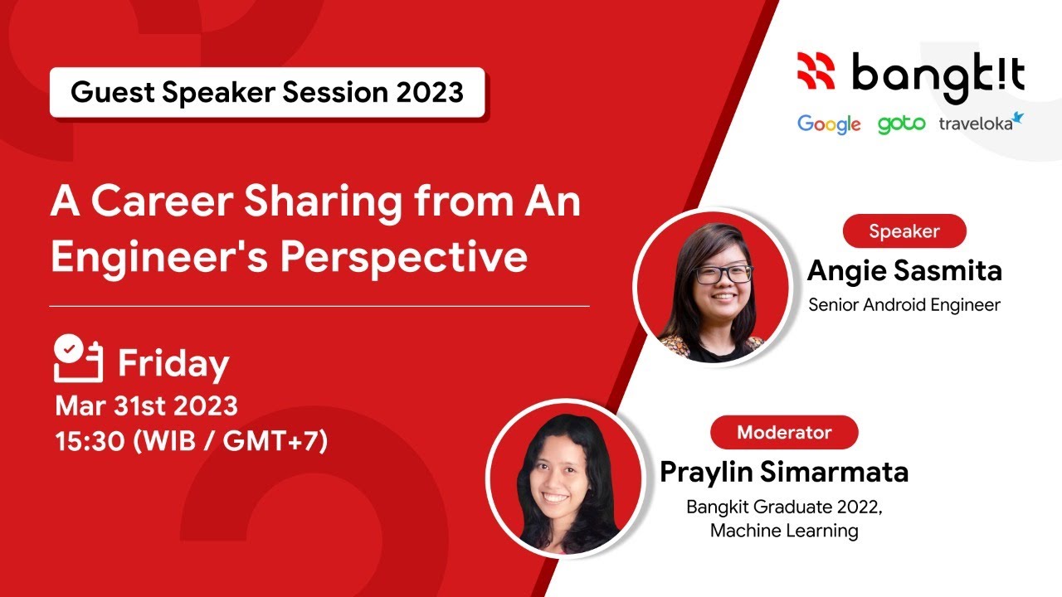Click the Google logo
[x=829, y=124]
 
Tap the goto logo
[x=901, y=124]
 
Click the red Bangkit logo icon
[x=816, y=71]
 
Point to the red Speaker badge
[x=904, y=231]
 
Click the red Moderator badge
[x=783, y=432]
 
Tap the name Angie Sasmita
[x=904, y=270]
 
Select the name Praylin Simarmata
[x=784, y=472]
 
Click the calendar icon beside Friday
[x=78, y=359]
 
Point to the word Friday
[x=173, y=364]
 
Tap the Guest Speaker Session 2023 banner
[x=266, y=92]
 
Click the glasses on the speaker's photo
[x=724, y=274]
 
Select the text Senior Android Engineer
[x=904, y=304]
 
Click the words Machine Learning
[x=784, y=531]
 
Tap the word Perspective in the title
[x=403, y=258]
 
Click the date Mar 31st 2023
[x=147, y=406]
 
